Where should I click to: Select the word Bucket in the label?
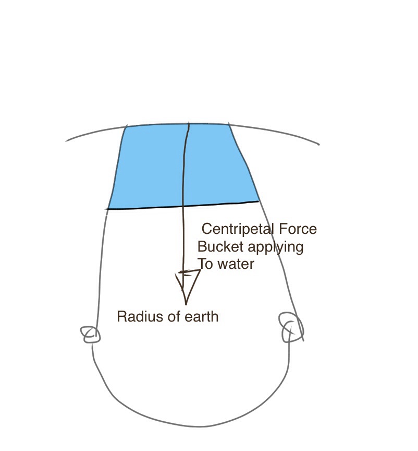click(220, 246)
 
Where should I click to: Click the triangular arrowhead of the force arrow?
click(187, 286)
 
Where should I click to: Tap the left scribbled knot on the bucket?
click(90, 335)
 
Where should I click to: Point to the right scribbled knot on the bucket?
click(291, 327)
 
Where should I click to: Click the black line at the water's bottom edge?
click(183, 206)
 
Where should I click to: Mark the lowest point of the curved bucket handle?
click(198, 426)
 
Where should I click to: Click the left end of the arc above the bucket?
click(66, 141)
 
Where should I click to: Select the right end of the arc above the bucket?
click(319, 145)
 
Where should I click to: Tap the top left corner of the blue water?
click(127, 126)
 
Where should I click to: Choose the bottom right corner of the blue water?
click(259, 201)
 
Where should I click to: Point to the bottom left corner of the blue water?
click(107, 209)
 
